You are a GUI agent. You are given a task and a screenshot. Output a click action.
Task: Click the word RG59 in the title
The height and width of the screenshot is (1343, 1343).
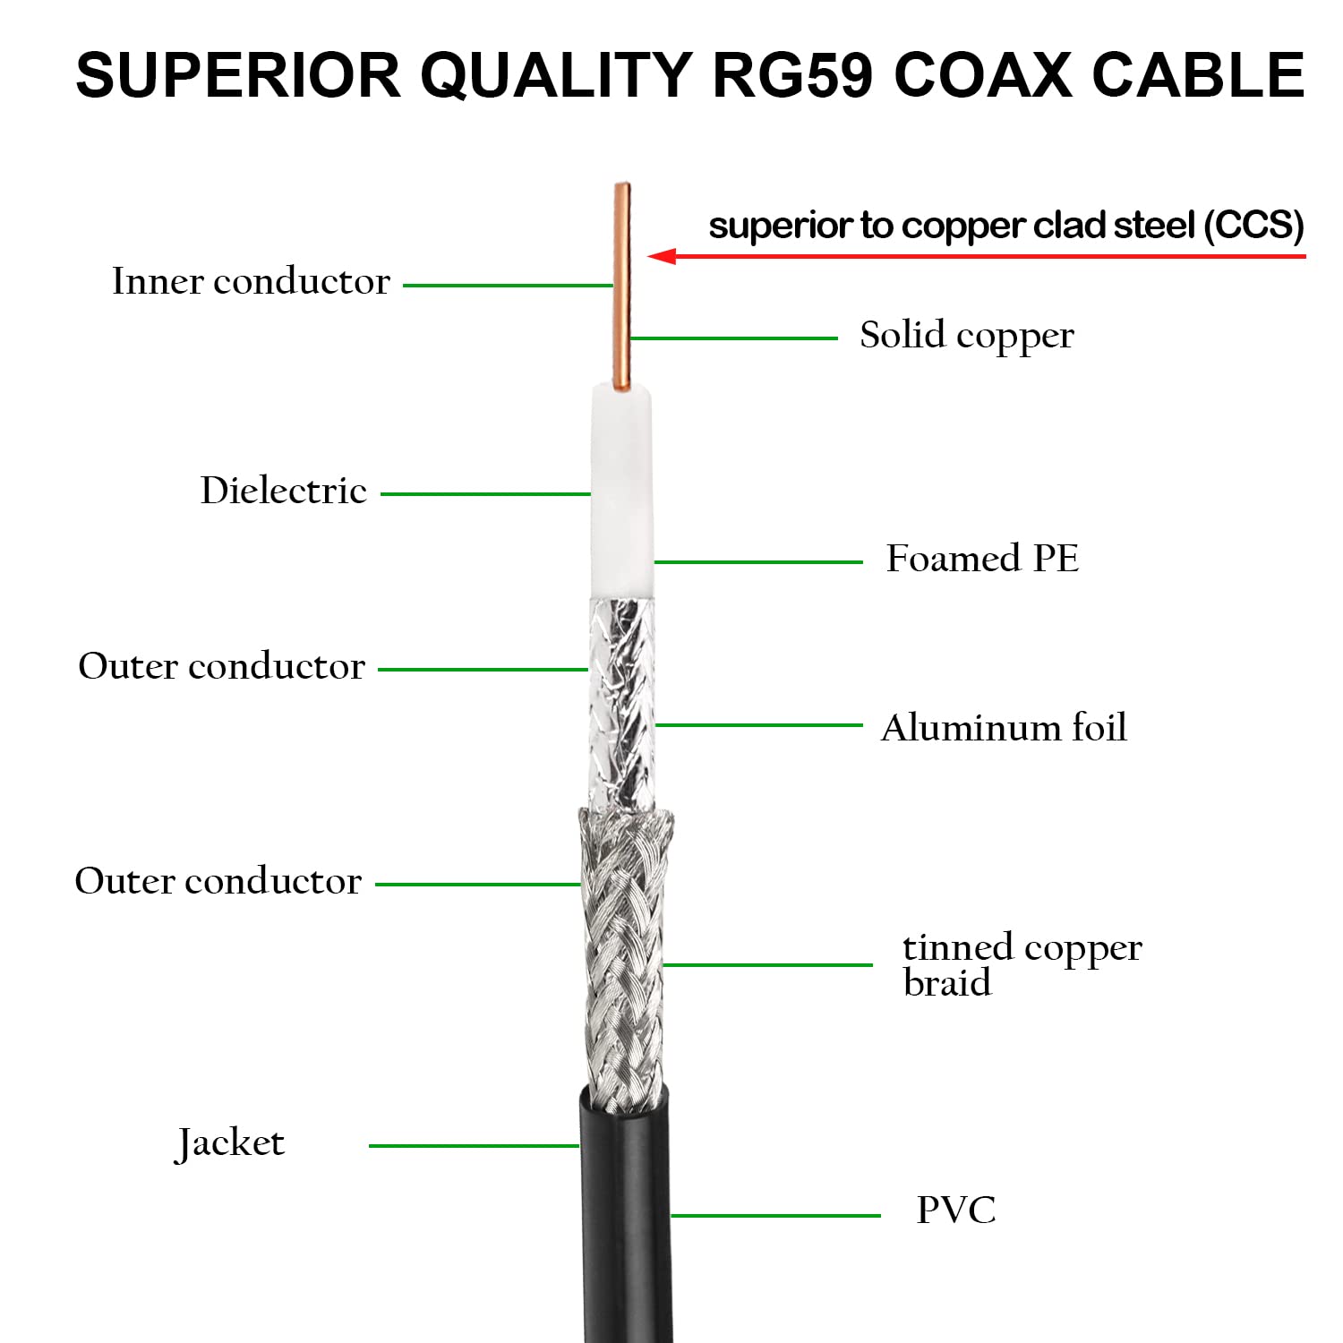pyautogui.click(x=791, y=75)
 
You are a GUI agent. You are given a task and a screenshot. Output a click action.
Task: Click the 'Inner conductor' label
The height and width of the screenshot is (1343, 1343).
pyautogui.click(x=251, y=282)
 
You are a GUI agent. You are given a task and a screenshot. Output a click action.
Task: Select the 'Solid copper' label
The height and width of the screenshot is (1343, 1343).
pyautogui.click(x=966, y=336)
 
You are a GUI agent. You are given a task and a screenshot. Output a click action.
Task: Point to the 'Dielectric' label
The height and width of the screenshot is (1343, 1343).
pyautogui.click(x=283, y=491)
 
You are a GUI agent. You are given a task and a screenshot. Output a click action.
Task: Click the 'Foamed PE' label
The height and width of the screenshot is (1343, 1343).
pyautogui.click(x=982, y=559)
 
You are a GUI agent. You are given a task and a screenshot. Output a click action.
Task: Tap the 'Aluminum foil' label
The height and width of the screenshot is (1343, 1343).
pyautogui.click(x=1003, y=728)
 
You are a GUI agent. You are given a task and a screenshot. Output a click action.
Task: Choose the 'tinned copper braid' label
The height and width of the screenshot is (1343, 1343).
pyautogui.click(x=1021, y=964)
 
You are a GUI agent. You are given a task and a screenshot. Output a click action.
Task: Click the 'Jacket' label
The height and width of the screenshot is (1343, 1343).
pyautogui.click(x=230, y=1143)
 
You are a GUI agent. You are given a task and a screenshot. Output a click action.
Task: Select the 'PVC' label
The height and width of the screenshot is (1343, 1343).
pyautogui.click(x=955, y=1210)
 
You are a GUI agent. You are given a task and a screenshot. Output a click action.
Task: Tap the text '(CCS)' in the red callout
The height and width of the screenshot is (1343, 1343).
pyautogui.click(x=1253, y=226)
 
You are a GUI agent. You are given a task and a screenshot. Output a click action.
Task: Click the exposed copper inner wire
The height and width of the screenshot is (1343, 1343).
pyautogui.click(x=621, y=287)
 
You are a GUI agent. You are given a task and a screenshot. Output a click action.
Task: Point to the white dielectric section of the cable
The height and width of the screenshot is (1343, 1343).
pyautogui.click(x=621, y=492)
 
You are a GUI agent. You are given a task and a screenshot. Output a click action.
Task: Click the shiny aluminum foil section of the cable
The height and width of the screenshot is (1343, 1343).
pyautogui.click(x=621, y=703)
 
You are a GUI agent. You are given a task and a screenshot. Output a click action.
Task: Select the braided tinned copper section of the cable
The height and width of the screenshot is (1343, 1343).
pyautogui.click(x=624, y=958)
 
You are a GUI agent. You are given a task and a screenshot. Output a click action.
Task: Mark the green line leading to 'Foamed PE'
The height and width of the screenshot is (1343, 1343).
pyautogui.click(x=757, y=562)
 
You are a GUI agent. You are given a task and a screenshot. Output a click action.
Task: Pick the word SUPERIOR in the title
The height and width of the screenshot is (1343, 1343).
pyautogui.click(x=237, y=75)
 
